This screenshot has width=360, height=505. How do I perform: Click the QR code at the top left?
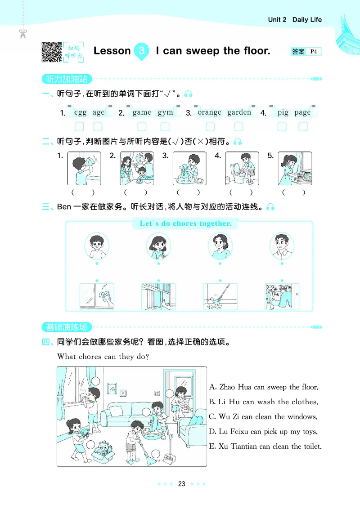point(51,52)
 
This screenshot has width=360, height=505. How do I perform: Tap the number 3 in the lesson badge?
point(142,51)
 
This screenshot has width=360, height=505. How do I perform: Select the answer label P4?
point(314,52)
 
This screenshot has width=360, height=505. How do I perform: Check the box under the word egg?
point(79,126)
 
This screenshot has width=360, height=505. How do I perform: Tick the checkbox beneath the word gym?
point(165,126)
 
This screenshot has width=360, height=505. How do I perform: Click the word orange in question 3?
point(209,112)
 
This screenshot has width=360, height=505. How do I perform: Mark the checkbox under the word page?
point(303,126)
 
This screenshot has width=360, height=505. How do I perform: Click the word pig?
point(283,112)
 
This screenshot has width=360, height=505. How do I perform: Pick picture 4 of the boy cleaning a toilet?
point(242,168)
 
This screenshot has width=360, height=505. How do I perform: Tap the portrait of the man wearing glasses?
point(281,246)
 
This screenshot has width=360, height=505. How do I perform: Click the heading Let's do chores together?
point(185,223)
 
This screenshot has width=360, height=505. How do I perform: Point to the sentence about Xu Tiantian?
point(265,446)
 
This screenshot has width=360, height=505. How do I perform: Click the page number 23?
point(181,484)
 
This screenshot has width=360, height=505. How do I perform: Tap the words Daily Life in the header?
point(307,20)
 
